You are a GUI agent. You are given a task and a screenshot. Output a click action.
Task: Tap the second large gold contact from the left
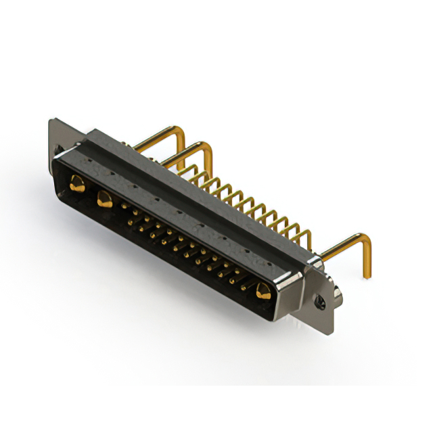coord(104,199)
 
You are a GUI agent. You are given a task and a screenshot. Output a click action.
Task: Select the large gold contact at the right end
coord(263,292)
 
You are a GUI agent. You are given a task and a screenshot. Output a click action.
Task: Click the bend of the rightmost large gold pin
coord(366,238)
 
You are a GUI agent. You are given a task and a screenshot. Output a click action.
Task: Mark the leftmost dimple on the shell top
coord(87,162)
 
